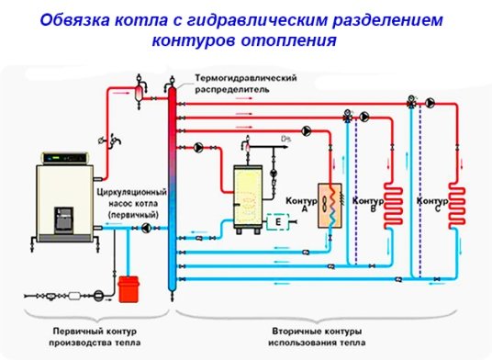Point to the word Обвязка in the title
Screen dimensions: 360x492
(x=78, y=19)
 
